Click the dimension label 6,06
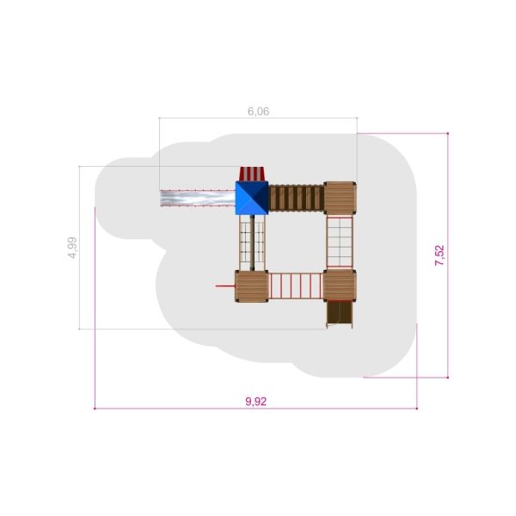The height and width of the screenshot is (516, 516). click(x=258, y=112)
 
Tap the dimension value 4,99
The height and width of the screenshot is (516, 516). click(x=72, y=248)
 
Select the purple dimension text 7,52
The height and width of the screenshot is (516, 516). click(x=439, y=255)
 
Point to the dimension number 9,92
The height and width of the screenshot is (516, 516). click(x=256, y=402)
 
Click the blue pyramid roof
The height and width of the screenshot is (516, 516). click(x=252, y=198)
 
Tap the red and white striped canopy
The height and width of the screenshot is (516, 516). click(x=252, y=174)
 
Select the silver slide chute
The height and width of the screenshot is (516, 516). click(x=198, y=198)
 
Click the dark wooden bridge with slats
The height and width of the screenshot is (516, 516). click(x=296, y=198)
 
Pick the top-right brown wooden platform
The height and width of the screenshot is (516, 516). click(x=340, y=198)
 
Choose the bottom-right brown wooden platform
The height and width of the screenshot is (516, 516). click(x=340, y=286)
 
